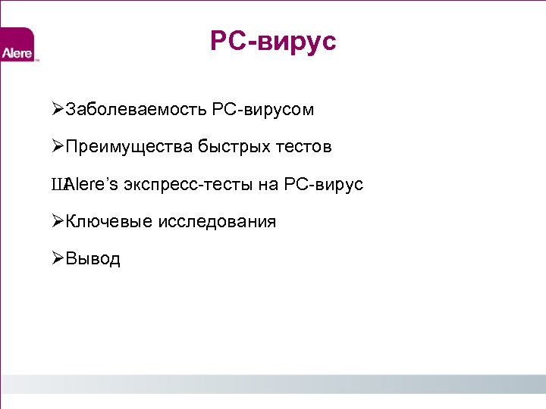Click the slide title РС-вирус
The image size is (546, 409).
point(273,42)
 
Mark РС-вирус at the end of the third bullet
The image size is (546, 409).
point(324,184)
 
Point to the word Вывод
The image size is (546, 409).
point(93,258)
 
